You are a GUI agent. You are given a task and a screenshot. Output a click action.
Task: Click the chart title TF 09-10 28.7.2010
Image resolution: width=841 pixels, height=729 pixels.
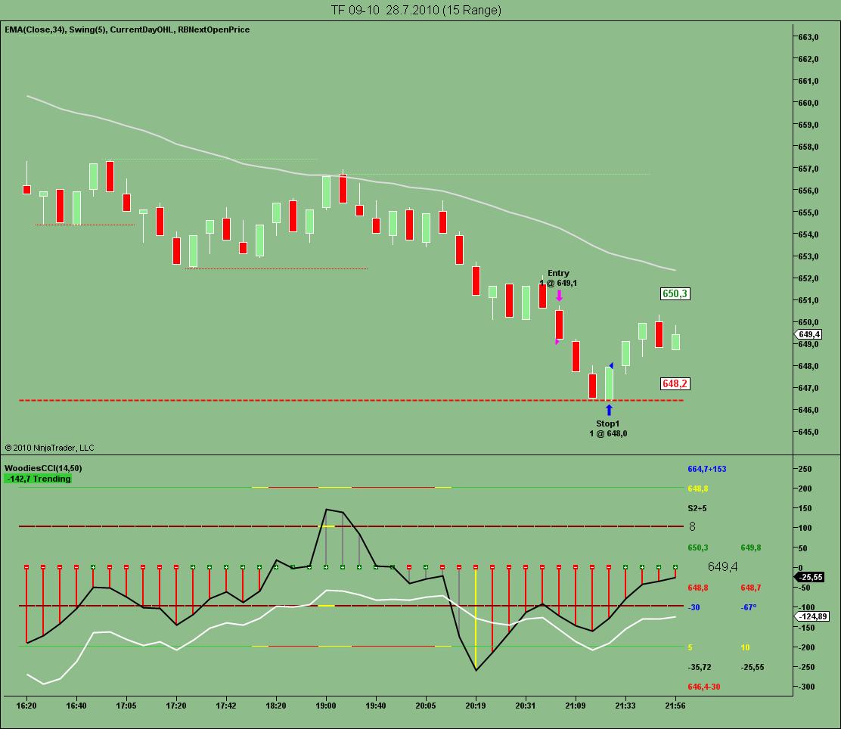click(416, 10)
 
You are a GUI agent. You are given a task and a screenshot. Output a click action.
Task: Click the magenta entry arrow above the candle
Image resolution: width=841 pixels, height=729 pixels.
click(559, 296)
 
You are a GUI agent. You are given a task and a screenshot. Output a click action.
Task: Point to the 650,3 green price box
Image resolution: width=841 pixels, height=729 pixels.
click(675, 293)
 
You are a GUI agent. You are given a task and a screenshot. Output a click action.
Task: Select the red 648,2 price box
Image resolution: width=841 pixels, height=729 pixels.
click(675, 384)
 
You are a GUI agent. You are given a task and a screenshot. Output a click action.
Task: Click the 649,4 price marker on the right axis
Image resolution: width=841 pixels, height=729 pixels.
click(808, 334)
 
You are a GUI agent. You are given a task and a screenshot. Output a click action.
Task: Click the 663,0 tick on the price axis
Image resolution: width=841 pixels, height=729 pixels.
click(810, 37)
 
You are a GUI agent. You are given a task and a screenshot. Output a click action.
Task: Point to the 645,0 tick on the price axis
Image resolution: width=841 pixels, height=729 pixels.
click(810, 432)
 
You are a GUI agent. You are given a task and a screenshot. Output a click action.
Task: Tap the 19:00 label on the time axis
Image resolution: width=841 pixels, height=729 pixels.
click(326, 705)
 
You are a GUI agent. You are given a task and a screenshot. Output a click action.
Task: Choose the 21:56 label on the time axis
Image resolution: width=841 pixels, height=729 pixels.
click(675, 705)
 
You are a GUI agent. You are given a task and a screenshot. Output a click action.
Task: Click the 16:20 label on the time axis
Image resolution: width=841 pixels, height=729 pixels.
click(27, 705)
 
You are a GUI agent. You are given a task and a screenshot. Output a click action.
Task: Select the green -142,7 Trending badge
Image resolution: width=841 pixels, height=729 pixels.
click(38, 479)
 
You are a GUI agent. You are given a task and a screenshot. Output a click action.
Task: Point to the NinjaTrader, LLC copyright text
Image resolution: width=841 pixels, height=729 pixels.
click(49, 448)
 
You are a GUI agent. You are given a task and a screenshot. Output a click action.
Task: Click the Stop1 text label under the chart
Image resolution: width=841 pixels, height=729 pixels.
click(607, 423)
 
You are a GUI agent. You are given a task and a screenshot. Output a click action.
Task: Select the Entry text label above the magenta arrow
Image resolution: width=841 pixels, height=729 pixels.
click(558, 273)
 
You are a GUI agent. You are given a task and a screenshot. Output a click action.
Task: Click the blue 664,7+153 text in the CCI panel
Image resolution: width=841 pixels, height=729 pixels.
click(706, 469)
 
